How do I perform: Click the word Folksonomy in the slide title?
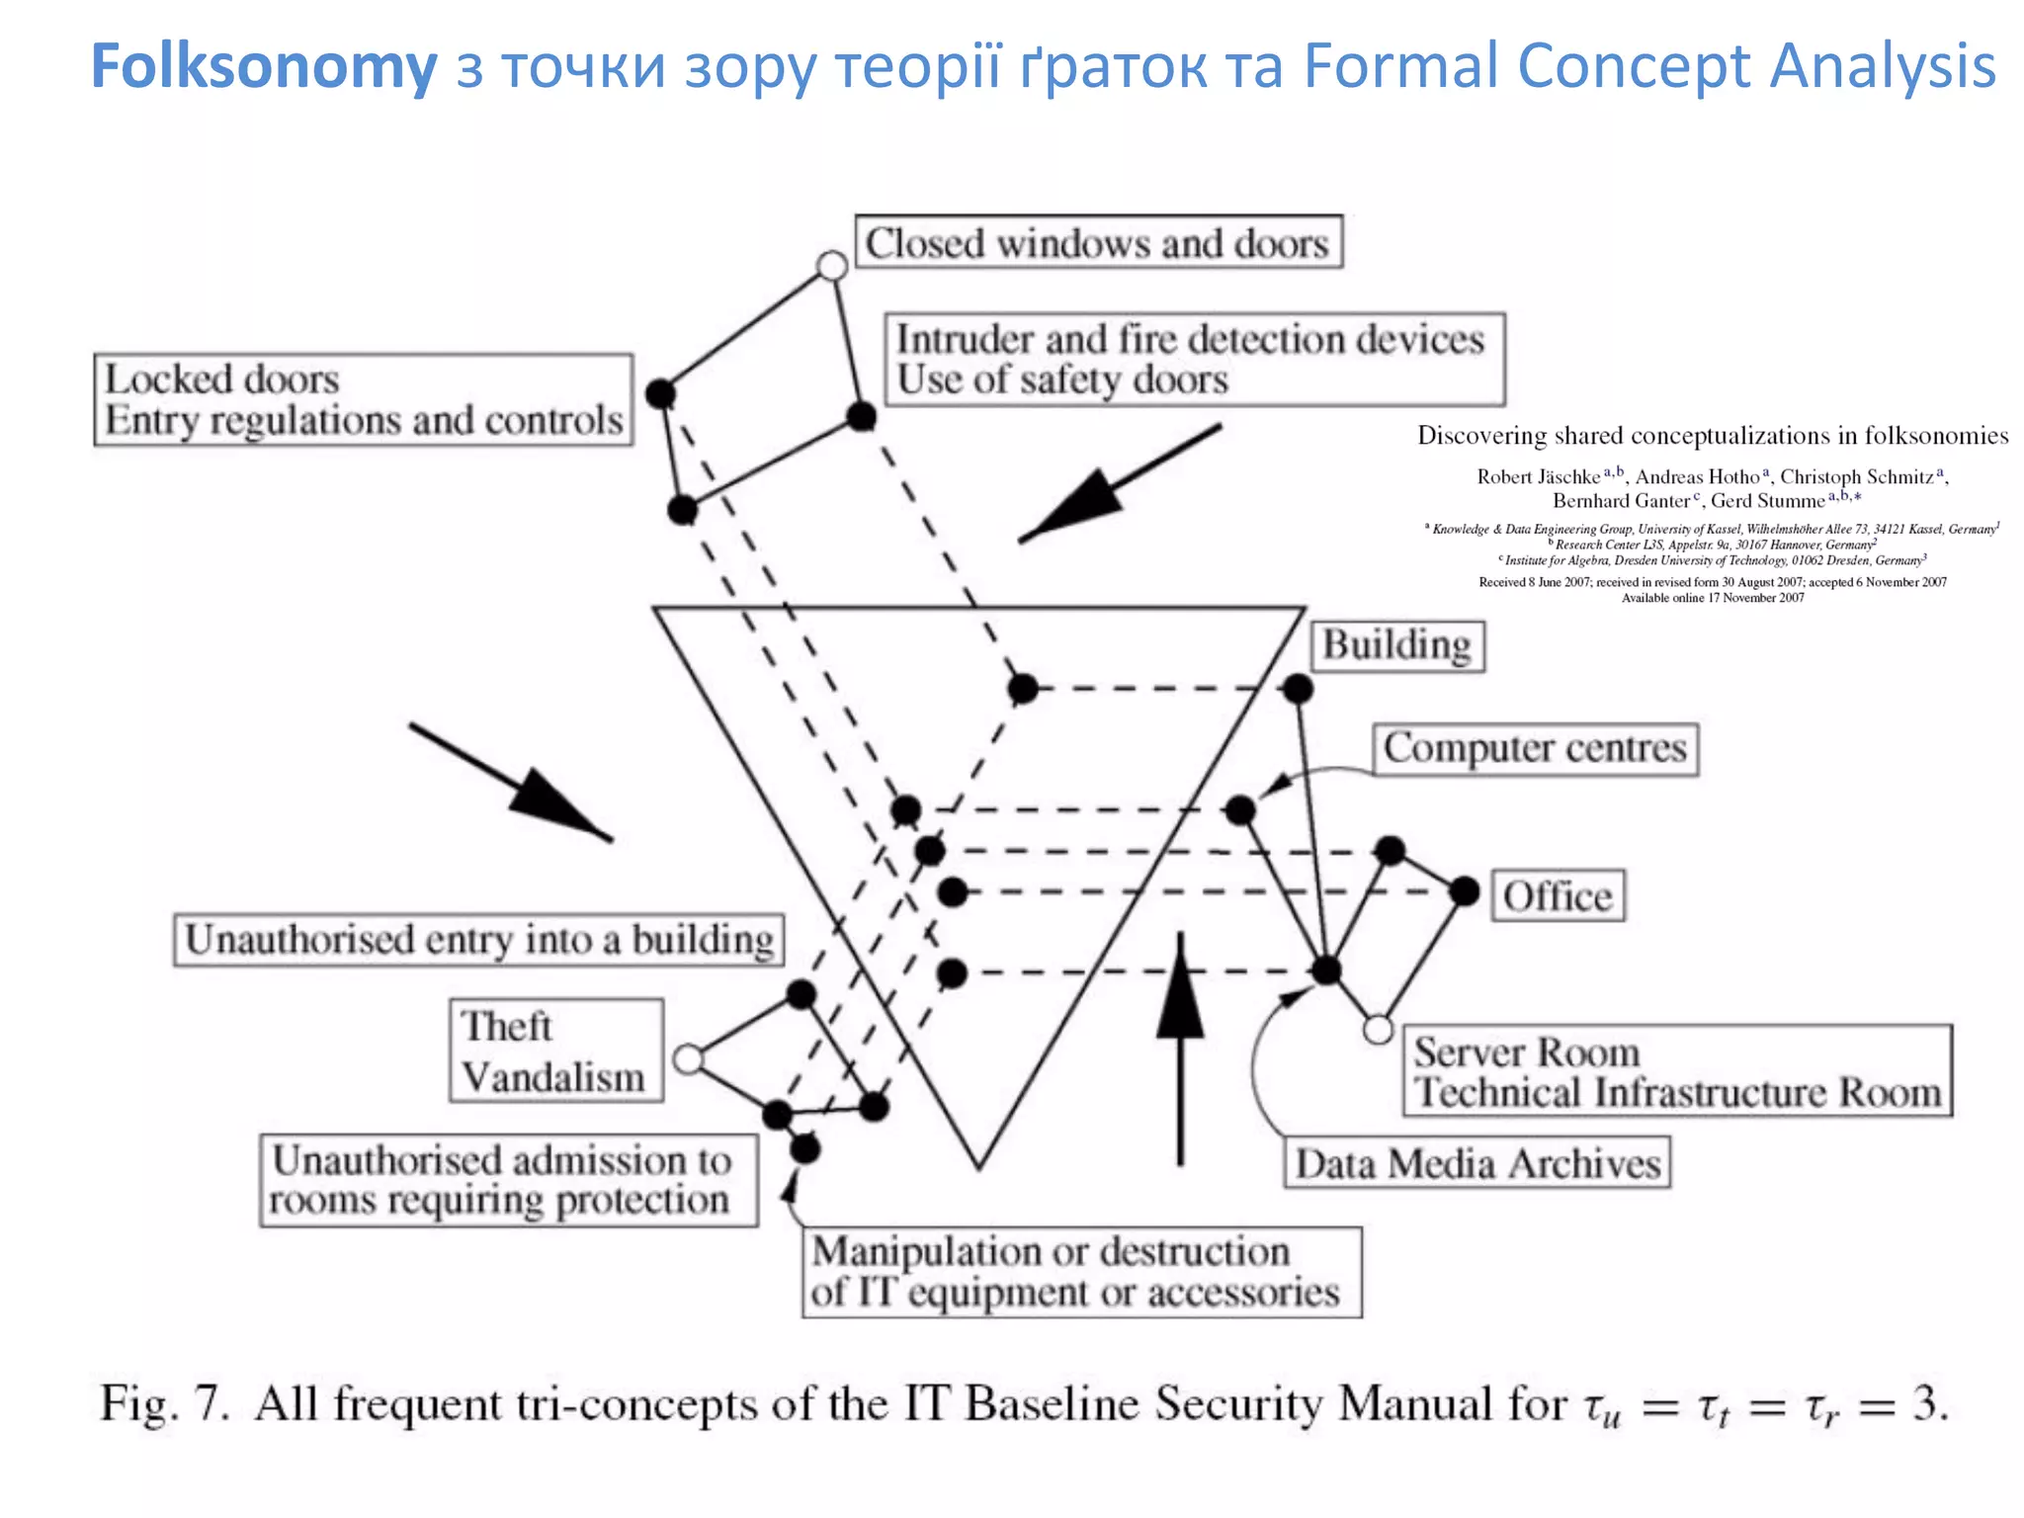(263, 66)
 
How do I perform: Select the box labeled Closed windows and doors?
(1097, 243)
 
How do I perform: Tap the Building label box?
(1396, 646)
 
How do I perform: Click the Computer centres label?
(1535, 749)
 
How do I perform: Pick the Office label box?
(1558, 896)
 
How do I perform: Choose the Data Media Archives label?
(1477, 1163)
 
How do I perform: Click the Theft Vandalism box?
(555, 1051)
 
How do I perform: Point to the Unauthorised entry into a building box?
(479, 940)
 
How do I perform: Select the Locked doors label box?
(364, 400)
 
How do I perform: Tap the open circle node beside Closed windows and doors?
(832, 266)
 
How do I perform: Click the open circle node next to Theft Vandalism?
(688, 1059)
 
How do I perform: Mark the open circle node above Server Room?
(1378, 1030)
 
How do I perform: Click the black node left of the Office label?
(1464, 891)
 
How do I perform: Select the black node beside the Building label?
(1298, 689)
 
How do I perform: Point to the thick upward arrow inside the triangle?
(1180, 1048)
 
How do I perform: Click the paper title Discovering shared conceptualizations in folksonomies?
(1712, 436)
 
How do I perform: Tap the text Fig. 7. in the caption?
(165, 1404)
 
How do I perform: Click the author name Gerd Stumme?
(1767, 501)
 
